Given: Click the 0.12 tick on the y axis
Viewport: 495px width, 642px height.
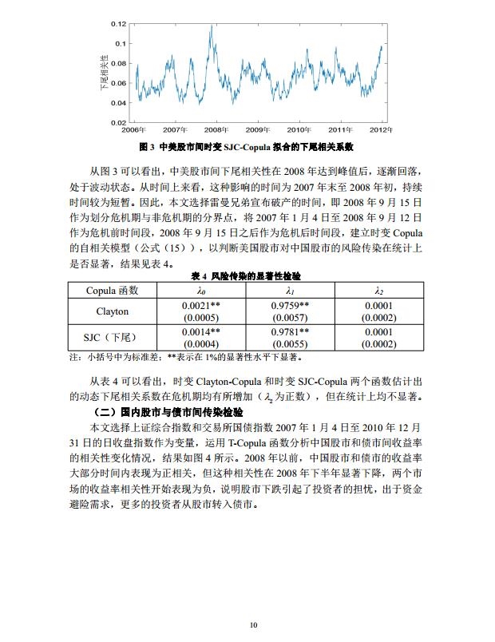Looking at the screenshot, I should point(119,24).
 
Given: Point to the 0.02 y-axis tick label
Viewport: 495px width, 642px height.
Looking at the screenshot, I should point(119,122).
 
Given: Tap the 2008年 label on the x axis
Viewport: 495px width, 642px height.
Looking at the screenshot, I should point(216,129).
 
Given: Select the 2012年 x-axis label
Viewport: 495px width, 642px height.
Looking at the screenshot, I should point(381,129).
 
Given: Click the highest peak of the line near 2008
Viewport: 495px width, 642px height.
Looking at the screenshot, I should point(212,26).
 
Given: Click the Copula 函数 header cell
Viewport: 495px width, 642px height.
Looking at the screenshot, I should point(113,290).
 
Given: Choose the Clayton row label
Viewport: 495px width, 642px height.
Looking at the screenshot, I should point(113,311).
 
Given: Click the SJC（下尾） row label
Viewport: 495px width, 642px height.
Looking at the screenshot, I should point(113,337).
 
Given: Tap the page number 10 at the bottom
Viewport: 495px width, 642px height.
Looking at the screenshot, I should point(252,624).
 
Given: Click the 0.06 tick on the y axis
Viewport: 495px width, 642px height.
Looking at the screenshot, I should point(119,83).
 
